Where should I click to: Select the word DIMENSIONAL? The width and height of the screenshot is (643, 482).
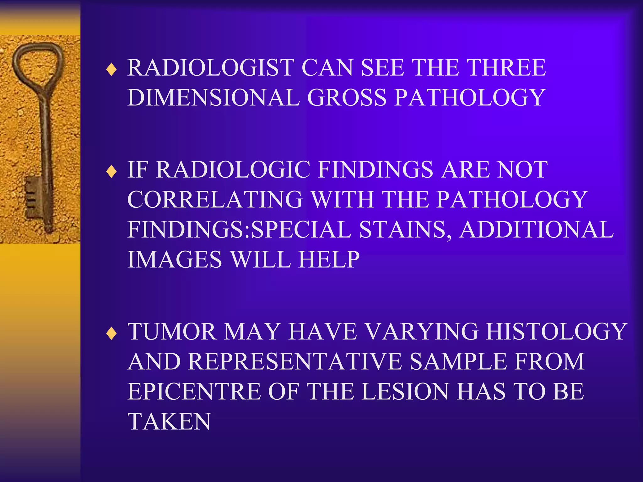[213, 98]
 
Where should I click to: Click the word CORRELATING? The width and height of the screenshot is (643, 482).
[215, 199]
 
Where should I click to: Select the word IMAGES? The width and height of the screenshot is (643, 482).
[175, 260]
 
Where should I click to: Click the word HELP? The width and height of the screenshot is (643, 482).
[329, 260]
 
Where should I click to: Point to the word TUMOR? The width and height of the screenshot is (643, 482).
[172, 331]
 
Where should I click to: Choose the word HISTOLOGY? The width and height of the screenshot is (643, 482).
[556, 331]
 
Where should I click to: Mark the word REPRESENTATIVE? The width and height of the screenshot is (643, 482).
[295, 361]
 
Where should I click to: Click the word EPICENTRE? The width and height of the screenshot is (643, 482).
[194, 392]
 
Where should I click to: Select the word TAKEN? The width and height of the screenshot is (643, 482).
[169, 421]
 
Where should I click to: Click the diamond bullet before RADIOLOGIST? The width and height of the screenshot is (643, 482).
[111, 70]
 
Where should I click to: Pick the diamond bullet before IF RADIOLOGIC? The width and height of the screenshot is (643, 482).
[111, 172]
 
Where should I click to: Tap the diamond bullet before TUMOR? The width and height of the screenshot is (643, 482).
[111, 334]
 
